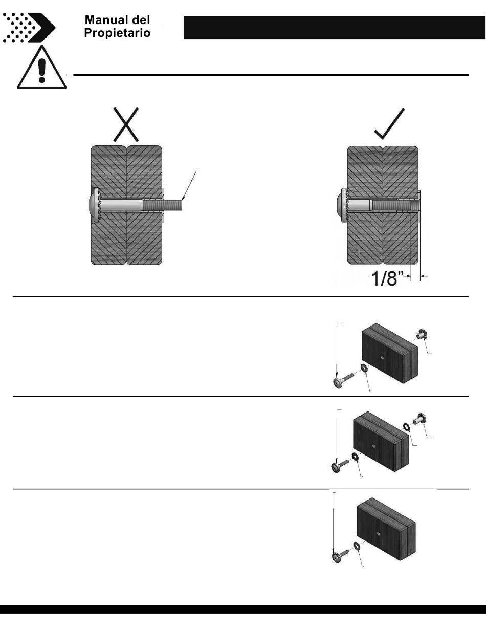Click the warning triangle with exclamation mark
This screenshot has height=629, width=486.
[41, 69]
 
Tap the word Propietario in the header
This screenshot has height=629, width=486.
[117, 33]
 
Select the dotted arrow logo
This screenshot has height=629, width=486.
[29, 27]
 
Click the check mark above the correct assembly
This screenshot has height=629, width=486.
[390, 124]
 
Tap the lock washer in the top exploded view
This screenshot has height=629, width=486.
[364, 369]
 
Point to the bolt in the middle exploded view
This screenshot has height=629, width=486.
[340, 466]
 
